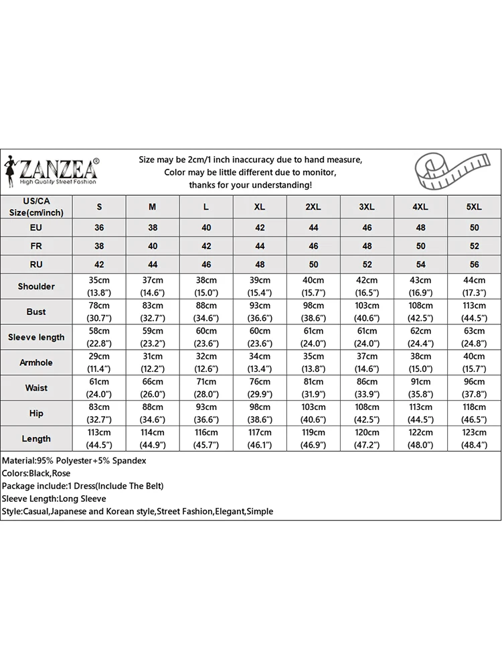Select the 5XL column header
[474, 207]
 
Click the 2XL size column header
[313, 207]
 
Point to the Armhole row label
[36, 362]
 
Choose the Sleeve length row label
[36, 337]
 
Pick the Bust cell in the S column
[99, 312]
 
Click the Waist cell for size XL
[260, 388]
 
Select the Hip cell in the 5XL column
[474, 413]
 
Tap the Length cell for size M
[153, 439]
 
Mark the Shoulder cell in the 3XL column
[367, 286]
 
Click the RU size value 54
[420, 264]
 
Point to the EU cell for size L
[206, 228]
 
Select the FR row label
[36, 246]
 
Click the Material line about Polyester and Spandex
[74, 461]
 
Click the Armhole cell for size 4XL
[420, 362]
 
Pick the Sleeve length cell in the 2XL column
[313, 337]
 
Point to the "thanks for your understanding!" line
[250, 185]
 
